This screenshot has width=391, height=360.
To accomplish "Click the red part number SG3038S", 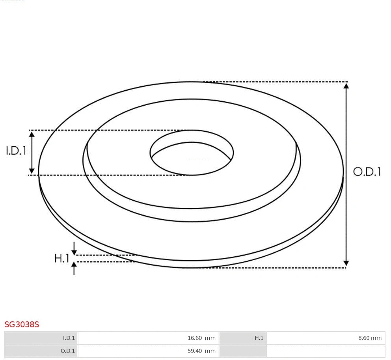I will pyautogui.click(x=22, y=325).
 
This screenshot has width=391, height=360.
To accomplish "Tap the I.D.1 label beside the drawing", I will pyautogui.click(x=16, y=151).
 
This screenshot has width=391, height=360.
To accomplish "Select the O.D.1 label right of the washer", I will pyautogui.click(x=367, y=172).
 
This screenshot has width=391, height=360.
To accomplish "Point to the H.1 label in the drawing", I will pyautogui.click(x=61, y=259).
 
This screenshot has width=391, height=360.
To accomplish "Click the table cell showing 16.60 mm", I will pyautogui.click(x=148, y=338).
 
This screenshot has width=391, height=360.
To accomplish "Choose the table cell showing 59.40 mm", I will pyautogui.click(x=148, y=351).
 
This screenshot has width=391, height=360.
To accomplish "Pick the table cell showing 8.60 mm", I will pyautogui.click(x=325, y=338).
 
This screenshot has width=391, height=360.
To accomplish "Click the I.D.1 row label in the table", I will pyautogui.click(x=41, y=338).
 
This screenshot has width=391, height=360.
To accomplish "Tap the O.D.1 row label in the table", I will pyautogui.click(x=41, y=351).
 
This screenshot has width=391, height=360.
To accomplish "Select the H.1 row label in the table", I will pyautogui.click(x=242, y=338).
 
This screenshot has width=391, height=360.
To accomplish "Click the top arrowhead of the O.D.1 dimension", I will pyautogui.click(x=346, y=86).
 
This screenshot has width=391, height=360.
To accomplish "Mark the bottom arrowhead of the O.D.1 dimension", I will pyautogui.click(x=346, y=263).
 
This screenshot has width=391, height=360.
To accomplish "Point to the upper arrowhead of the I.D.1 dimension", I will pyautogui.click(x=32, y=134).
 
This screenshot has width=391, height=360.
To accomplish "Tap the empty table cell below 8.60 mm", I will pyautogui.click(x=325, y=351).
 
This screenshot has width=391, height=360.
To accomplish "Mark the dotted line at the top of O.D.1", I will pyautogui.click(x=276, y=82).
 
